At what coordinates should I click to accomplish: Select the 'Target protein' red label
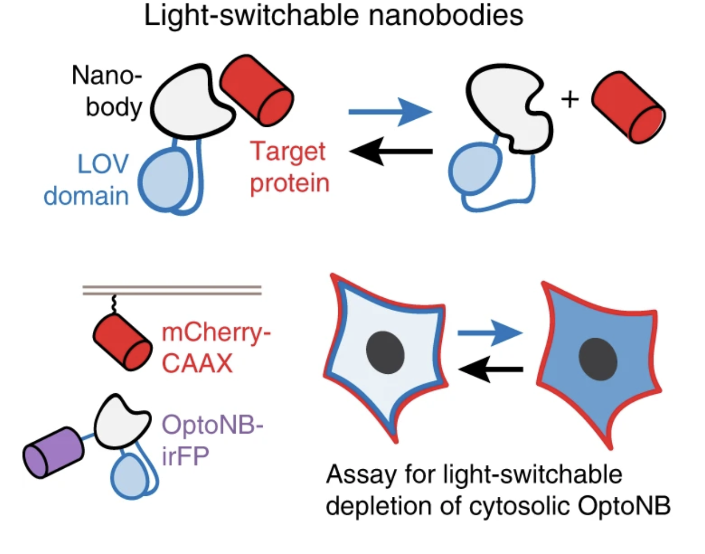coord(289,167)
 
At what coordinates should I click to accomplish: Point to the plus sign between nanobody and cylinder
coord(570,99)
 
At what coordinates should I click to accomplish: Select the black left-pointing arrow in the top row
coord(391,152)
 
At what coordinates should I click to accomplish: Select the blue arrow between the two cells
coord(490,333)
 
